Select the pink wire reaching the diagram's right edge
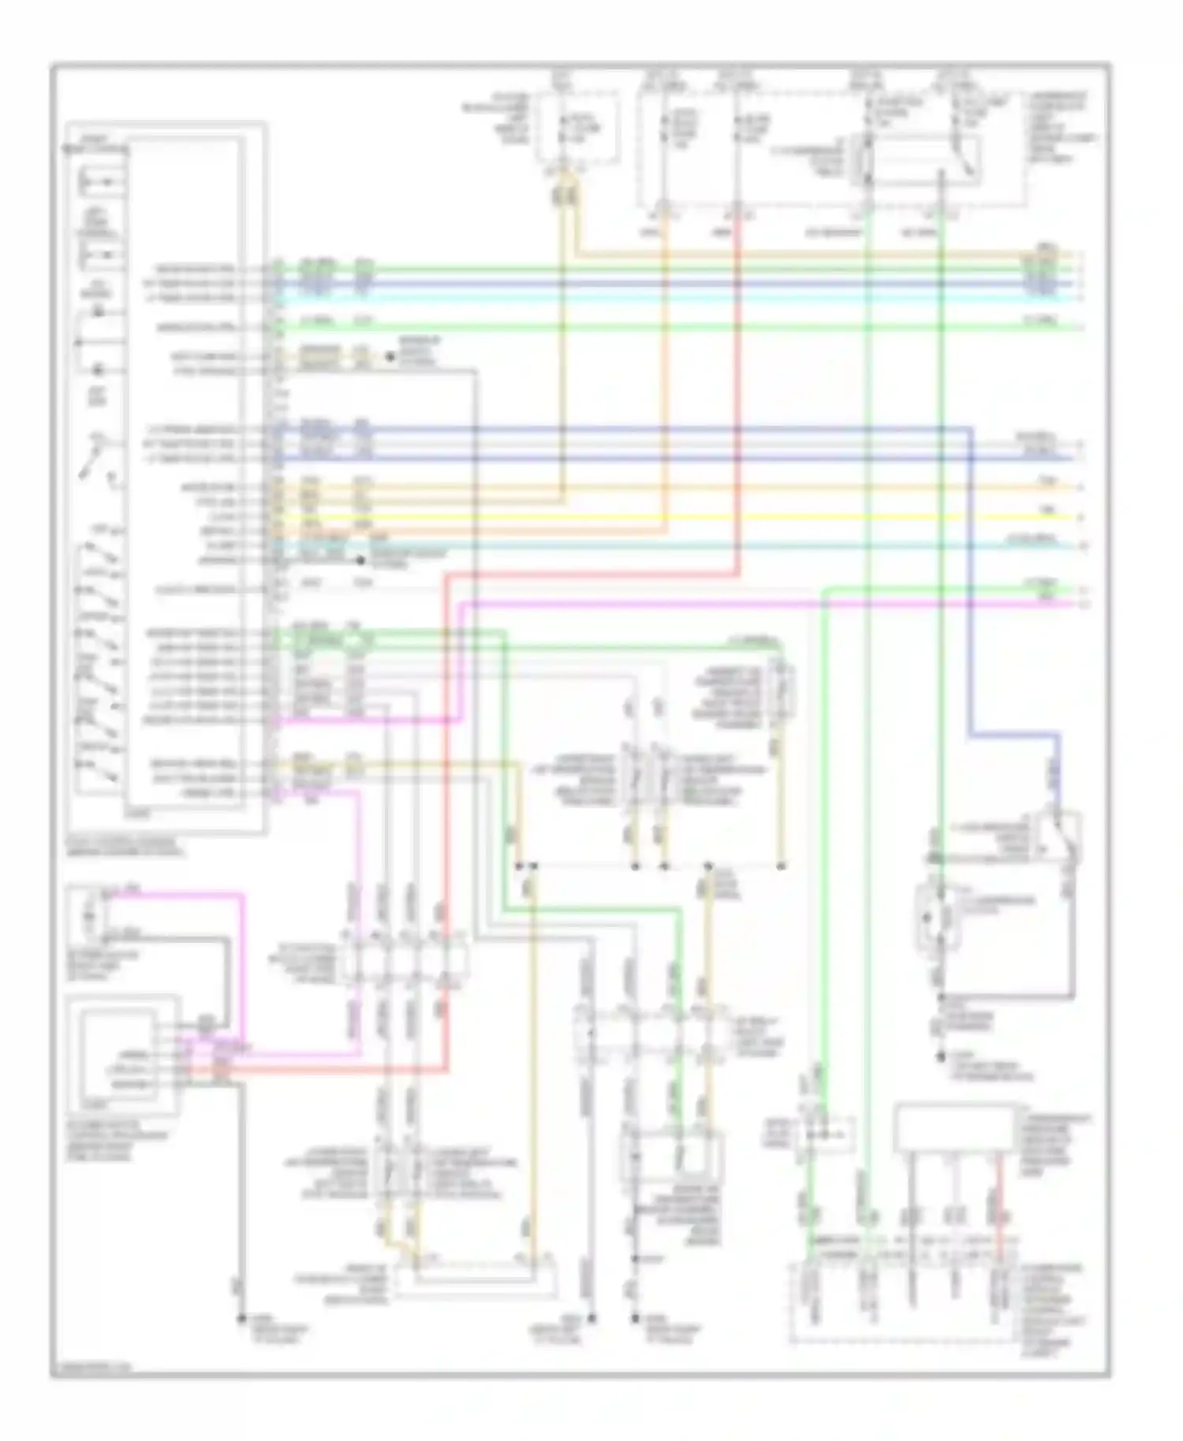[789, 605]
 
